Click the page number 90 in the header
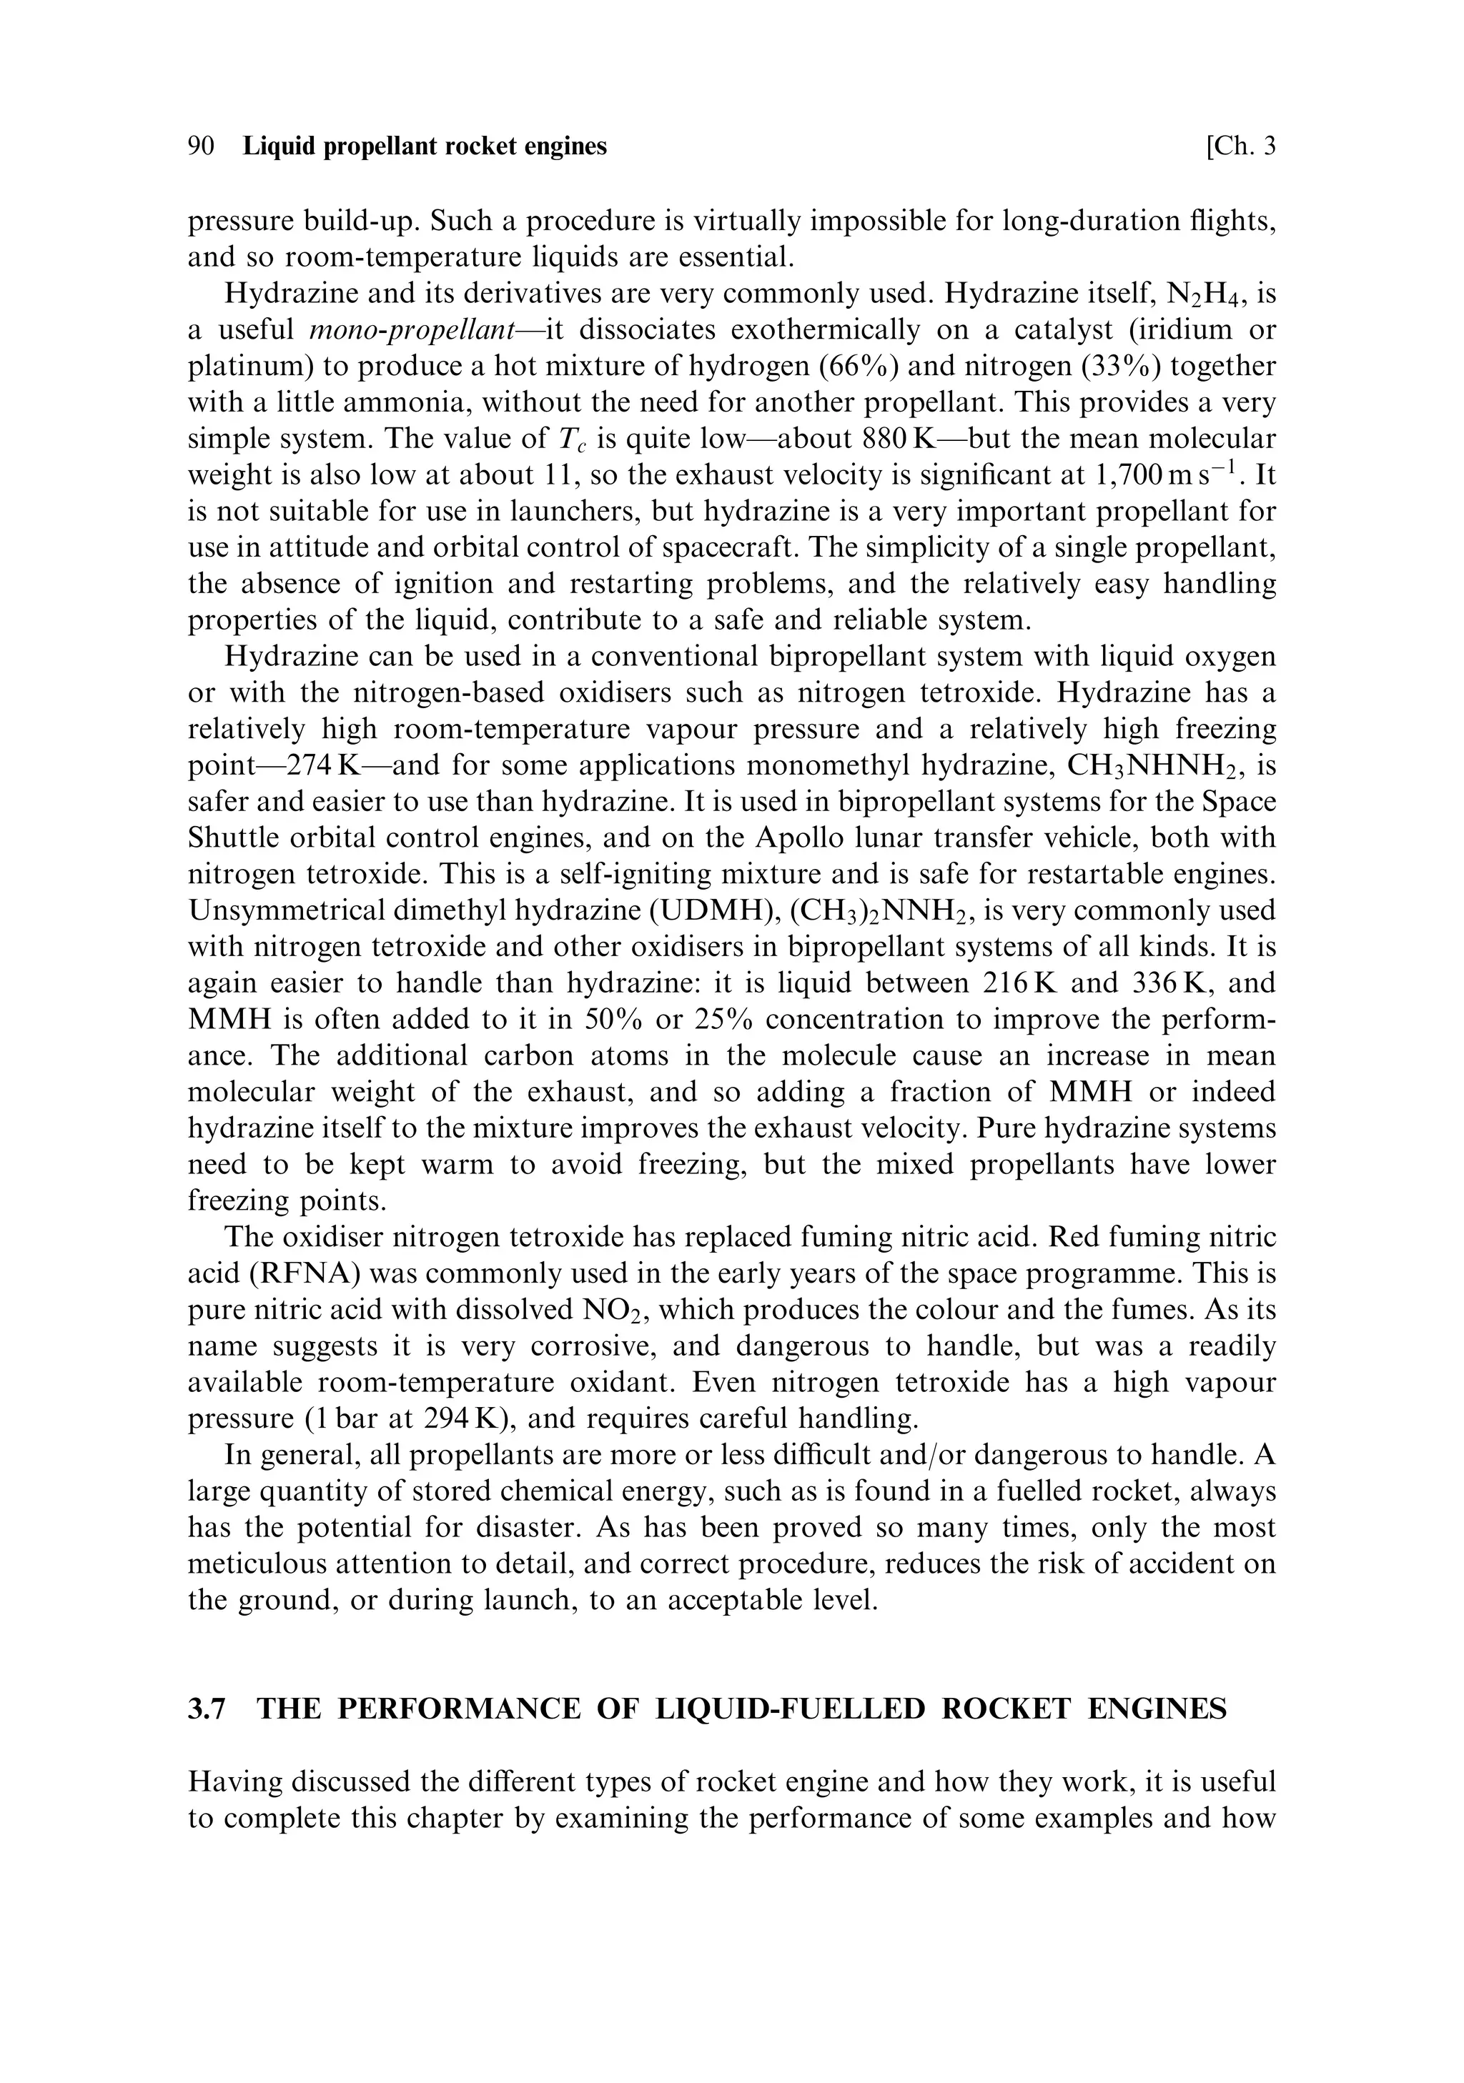click(201, 146)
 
